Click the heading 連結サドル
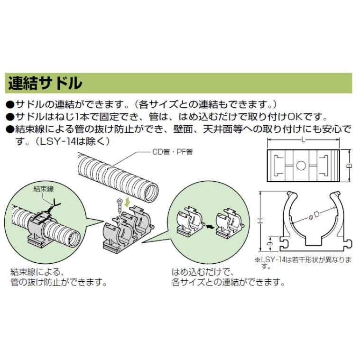tap(45, 83)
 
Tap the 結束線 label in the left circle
tap(44, 188)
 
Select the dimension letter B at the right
tap(350, 166)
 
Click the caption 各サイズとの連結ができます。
tap(228, 283)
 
